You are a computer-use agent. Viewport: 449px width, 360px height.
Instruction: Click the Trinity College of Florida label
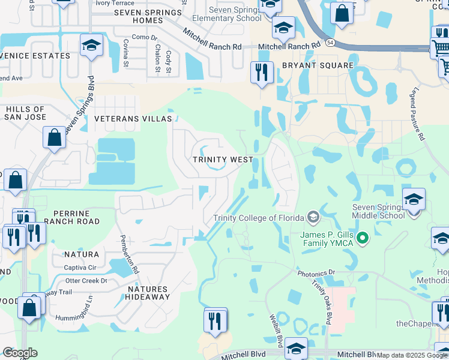click(260, 217)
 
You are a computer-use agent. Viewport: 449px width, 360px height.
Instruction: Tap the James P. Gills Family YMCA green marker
click(361, 239)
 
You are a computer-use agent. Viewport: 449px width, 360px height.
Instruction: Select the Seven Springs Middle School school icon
click(414, 200)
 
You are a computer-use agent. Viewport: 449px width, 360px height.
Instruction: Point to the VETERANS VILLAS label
click(133, 119)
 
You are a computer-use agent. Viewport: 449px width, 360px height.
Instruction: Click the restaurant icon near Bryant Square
click(262, 73)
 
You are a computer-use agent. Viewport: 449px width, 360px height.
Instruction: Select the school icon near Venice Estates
click(91, 46)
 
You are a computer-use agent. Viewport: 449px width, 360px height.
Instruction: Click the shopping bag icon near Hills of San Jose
click(54, 137)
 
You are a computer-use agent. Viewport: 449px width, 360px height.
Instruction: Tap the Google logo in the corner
click(20, 353)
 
